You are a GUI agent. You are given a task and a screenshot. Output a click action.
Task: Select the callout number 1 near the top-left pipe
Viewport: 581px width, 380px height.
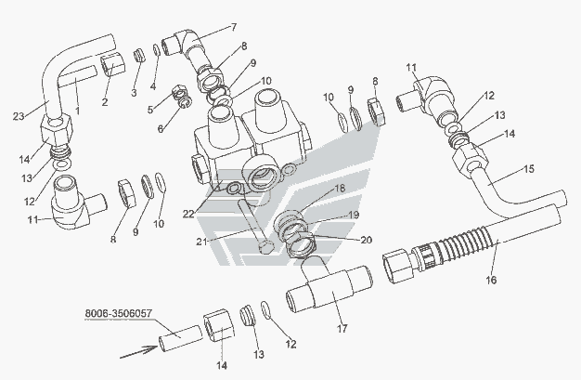[77, 110]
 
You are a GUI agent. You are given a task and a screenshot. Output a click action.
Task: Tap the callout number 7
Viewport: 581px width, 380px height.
[233, 27]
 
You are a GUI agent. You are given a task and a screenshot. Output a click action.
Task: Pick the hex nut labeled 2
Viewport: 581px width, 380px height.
[111, 62]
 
